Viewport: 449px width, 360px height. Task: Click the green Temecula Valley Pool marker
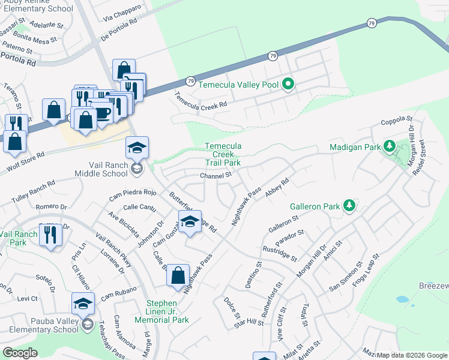click(x=288, y=85)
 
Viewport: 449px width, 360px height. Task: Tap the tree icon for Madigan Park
click(x=389, y=146)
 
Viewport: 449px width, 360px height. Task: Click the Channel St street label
click(x=216, y=175)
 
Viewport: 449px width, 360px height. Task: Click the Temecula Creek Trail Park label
click(x=223, y=154)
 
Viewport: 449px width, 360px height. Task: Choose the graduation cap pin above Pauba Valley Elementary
click(x=83, y=303)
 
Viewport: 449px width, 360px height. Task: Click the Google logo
click(x=20, y=353)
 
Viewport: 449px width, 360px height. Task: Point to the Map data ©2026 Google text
click(x=412, y=355)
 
